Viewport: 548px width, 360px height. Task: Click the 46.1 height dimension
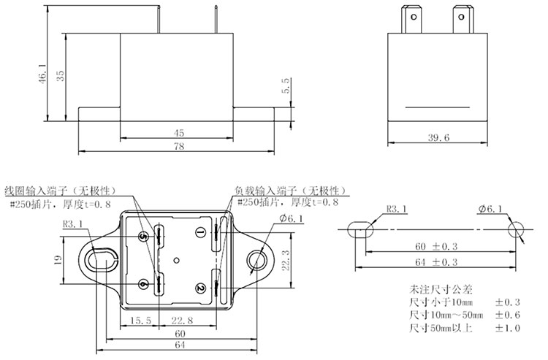coord(42,73)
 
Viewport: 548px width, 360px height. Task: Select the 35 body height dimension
coord(61,76)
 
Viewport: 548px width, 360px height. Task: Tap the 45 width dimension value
coord(178,133)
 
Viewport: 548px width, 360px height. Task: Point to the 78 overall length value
coord(178,146)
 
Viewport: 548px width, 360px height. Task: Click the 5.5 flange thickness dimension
coord(286,86)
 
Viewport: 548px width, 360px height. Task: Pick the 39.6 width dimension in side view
coord(438,137)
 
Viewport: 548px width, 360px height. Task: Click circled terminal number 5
coord(143,237)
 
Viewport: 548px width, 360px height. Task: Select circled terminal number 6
coord(143,284)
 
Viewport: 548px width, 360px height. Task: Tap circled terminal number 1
coord(200,232)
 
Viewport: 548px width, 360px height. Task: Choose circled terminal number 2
coord(200,288)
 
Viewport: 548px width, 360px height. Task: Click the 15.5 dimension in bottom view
coord(141,320)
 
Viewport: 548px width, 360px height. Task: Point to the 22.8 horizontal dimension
coord(182,320)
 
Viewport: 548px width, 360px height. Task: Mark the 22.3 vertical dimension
coord(286,260)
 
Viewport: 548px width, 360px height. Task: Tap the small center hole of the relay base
coord(177,260)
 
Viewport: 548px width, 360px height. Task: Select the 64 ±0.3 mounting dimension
coord(435,262)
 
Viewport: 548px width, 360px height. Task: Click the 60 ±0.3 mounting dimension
coord(435,247)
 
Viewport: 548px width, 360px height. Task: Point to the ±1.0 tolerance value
coord(508,328)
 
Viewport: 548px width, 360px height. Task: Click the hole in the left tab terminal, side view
coord(414,16)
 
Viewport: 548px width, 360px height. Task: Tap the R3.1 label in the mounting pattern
coord(397,209)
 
